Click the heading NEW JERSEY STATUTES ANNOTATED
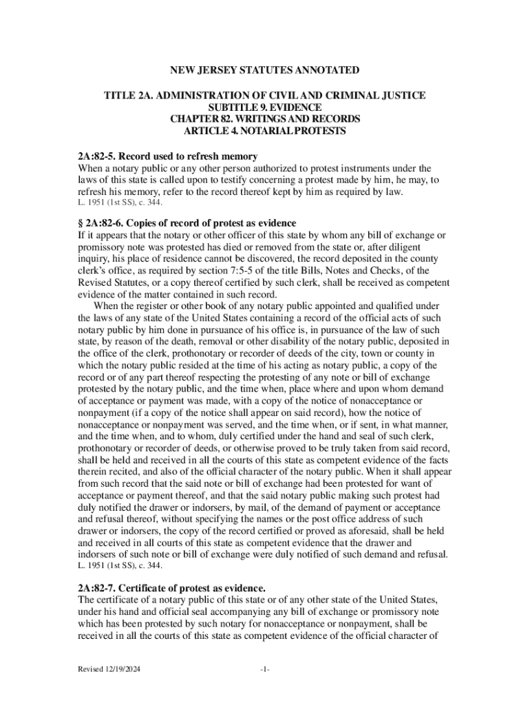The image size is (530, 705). pos(265,70)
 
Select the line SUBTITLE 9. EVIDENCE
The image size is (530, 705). pos(264,107)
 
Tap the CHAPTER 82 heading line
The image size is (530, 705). pos(265,119)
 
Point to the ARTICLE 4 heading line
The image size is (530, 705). pos(265,131)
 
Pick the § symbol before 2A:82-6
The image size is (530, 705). pos(80,223)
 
